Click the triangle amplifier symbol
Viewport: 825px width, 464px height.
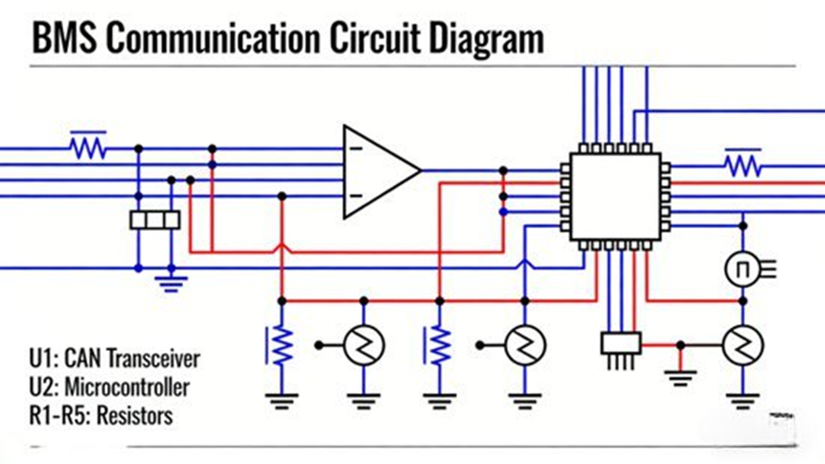pyautogui.click(x=379, y=171)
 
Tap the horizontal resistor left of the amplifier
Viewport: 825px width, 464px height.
pyautogui.click(x=87, y=149)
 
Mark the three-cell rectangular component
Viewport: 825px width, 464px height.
pyautogui.click(x=154, y=220)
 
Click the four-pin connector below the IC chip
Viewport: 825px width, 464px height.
pyautogui.click(x=619, y=344)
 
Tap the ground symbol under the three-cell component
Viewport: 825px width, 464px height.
pyautogui.click(x=171, y=282)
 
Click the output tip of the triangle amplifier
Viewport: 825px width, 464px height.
pyautogui.click(x=420, y=171)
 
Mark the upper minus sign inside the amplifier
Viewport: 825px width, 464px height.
pyautogui.click(x=355, y=149)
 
